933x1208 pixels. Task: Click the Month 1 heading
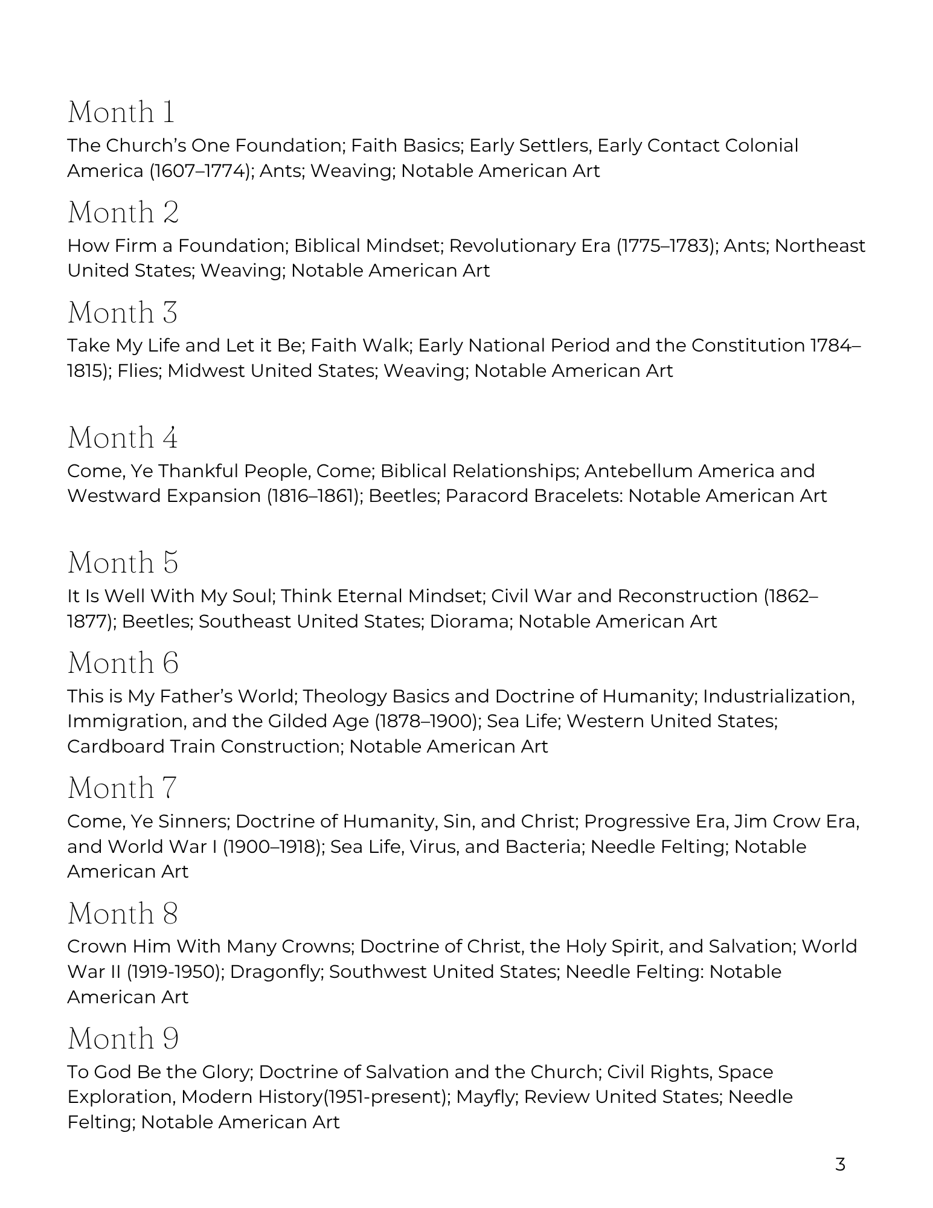click(x=121, y=112)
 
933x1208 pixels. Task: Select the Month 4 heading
click(x=123, y=437)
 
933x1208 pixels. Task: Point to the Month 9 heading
click(x=123, y=1039)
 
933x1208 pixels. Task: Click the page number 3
click(x=840, y=1165)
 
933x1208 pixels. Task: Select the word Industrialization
click(x=778, y=696)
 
